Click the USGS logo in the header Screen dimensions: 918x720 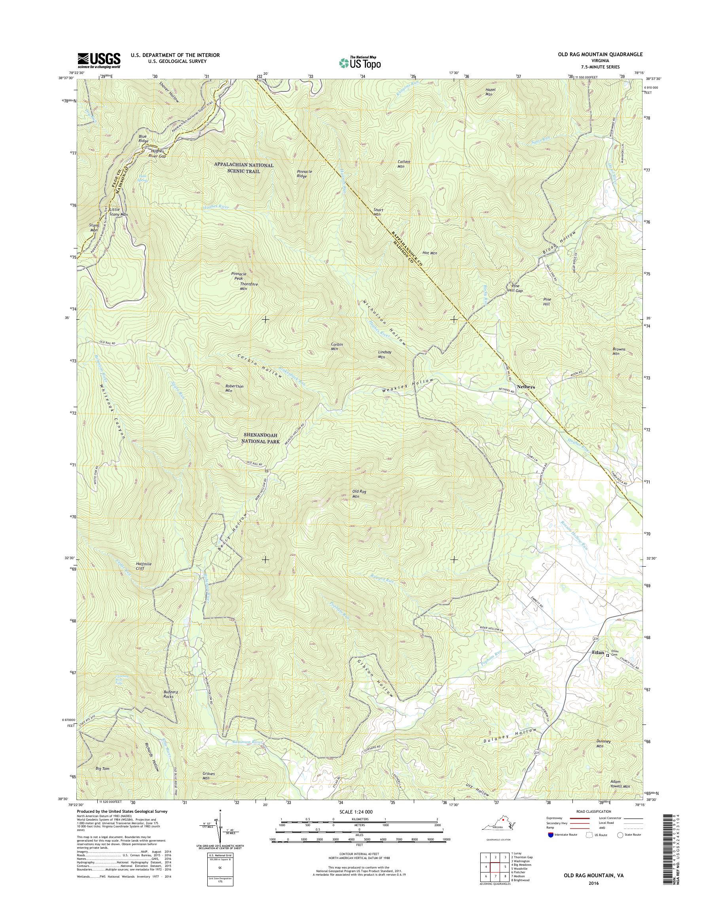tap(99, 61)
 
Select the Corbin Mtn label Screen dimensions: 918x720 tap(336, 347)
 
